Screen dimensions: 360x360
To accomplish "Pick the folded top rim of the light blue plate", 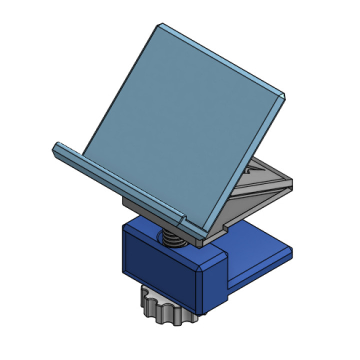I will click(220, 57).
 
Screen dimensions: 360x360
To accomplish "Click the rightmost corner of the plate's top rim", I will click(283, 94).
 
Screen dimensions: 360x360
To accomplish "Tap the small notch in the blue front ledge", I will click(183, 218).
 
